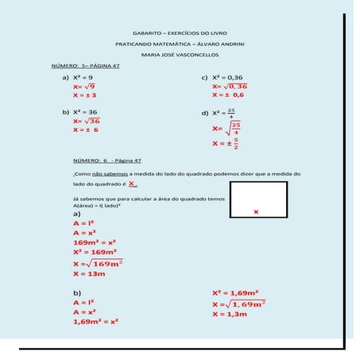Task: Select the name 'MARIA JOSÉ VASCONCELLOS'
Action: [x=180, y=55]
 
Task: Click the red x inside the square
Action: [x=256, y=211]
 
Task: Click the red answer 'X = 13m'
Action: [x=89, y=273]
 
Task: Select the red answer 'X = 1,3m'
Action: [x=230, y=315]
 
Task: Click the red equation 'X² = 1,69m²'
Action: [x=236, y=292]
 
